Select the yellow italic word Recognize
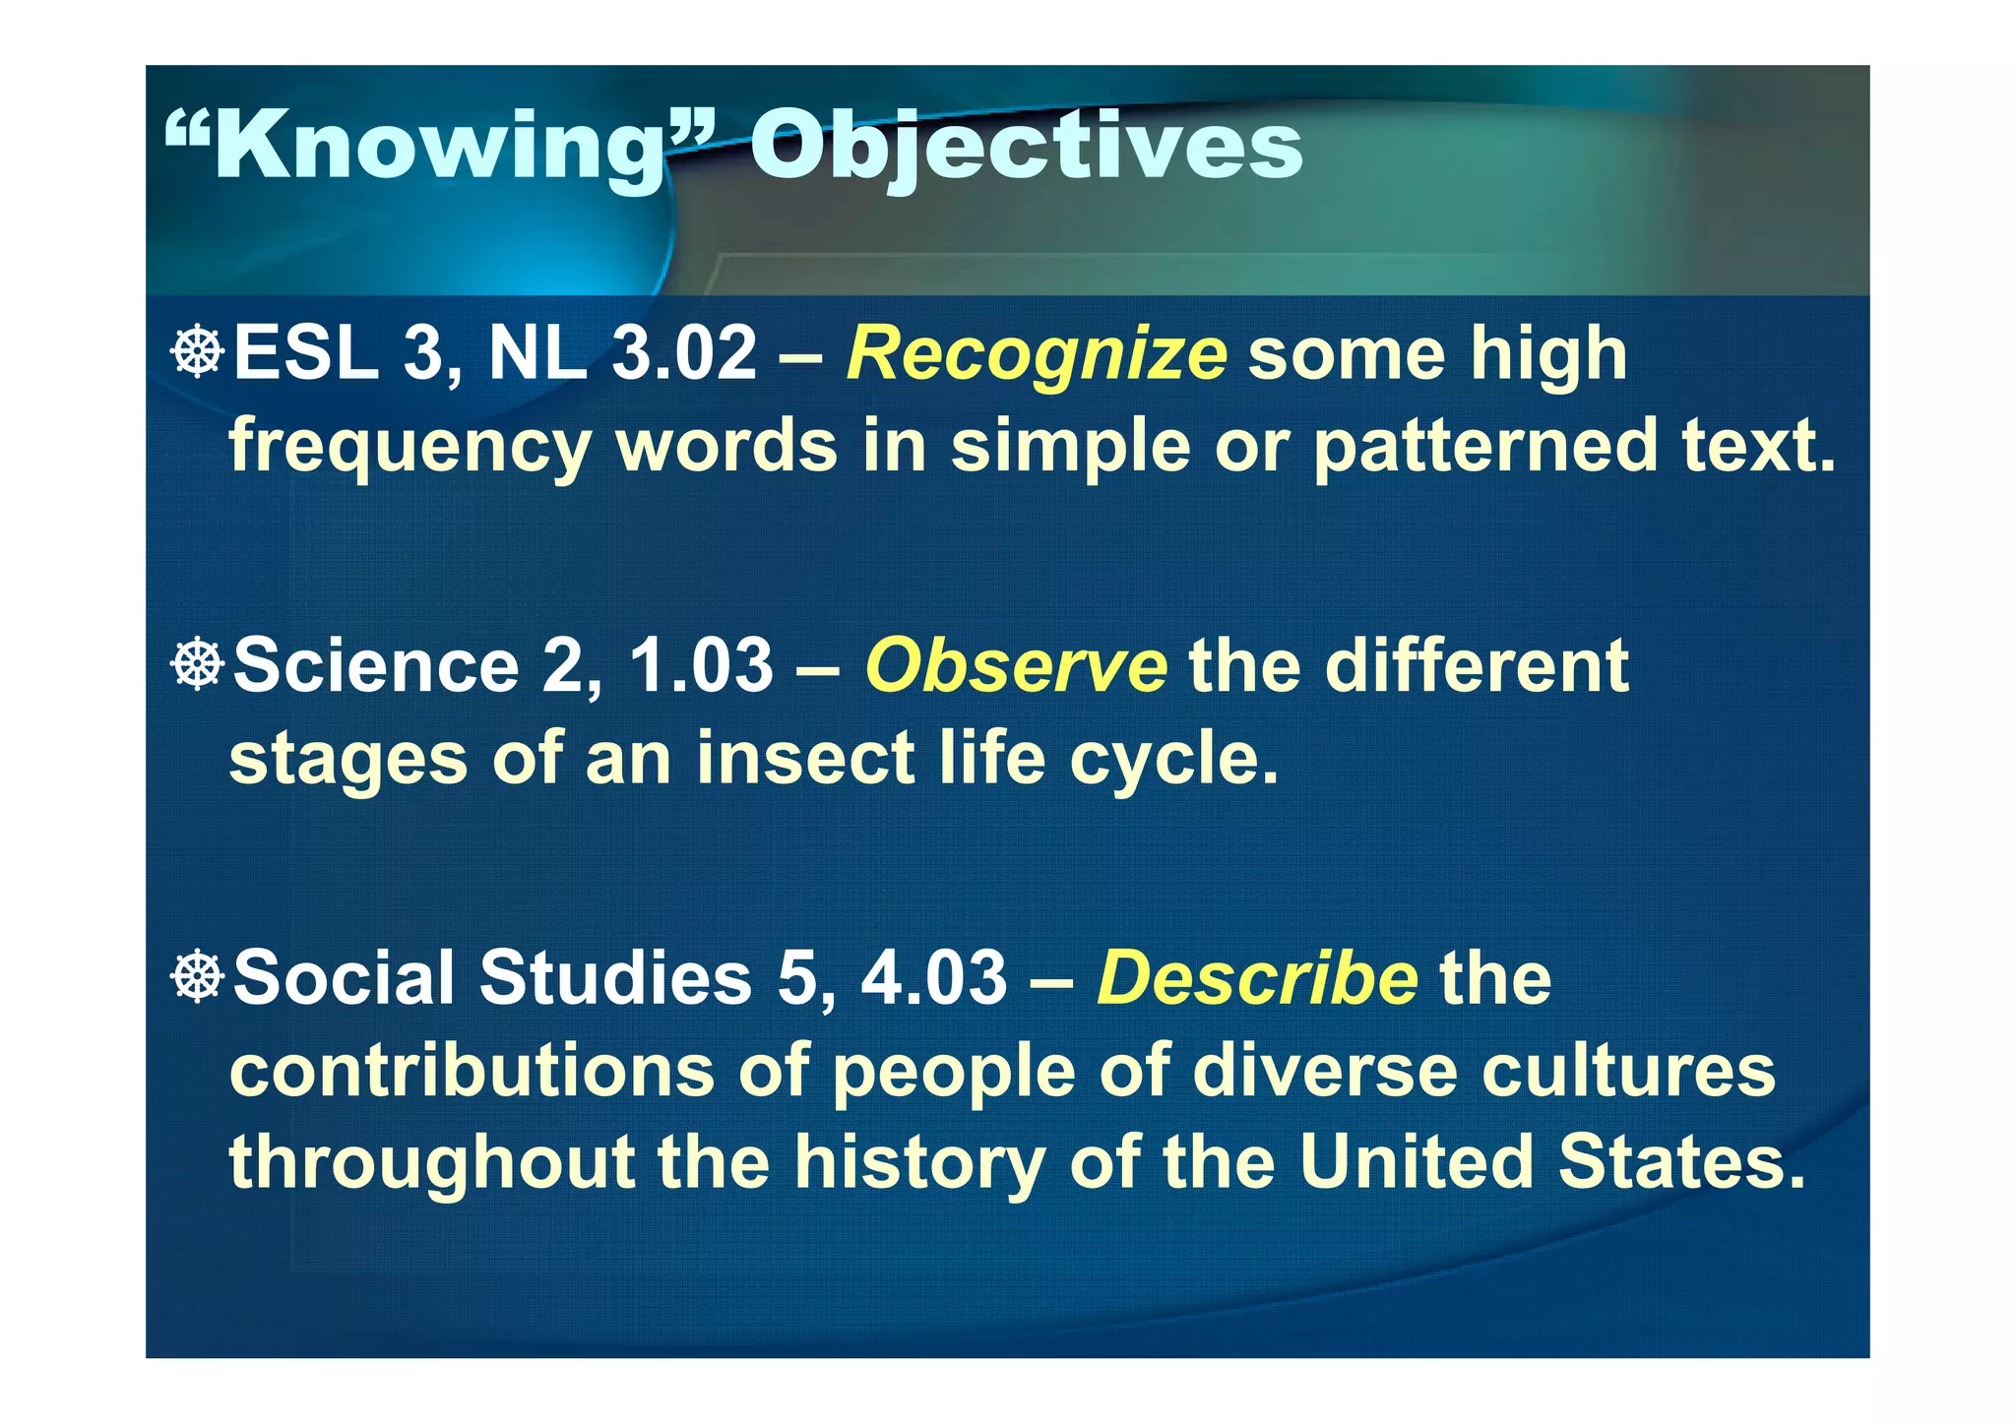coord(1037,354)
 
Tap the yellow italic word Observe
coord(1016,666)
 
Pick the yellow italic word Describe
coord(1257,978)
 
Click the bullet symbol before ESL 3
coord(198,352)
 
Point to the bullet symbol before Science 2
coord(198,664)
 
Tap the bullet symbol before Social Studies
coord(198,976)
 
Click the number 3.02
coord(684,354)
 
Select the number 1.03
coord(701,666)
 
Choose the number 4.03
coord(934,978)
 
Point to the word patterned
coord(1485,446)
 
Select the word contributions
coord(472,1071)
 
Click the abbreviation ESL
coord(306,354)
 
